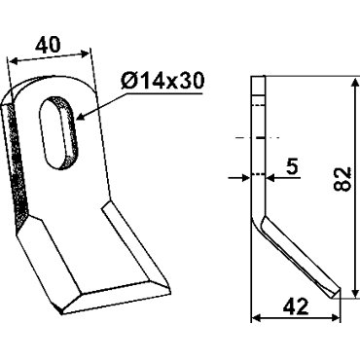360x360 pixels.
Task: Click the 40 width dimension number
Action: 48,45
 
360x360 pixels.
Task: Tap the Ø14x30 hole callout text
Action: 162,81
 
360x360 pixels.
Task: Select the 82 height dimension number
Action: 343,179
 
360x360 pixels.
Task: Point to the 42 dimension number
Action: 296,306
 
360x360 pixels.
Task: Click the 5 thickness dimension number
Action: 293,166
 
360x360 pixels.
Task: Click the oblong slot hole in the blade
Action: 59,132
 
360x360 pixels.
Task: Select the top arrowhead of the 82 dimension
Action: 356,83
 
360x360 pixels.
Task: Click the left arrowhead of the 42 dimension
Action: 257,318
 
